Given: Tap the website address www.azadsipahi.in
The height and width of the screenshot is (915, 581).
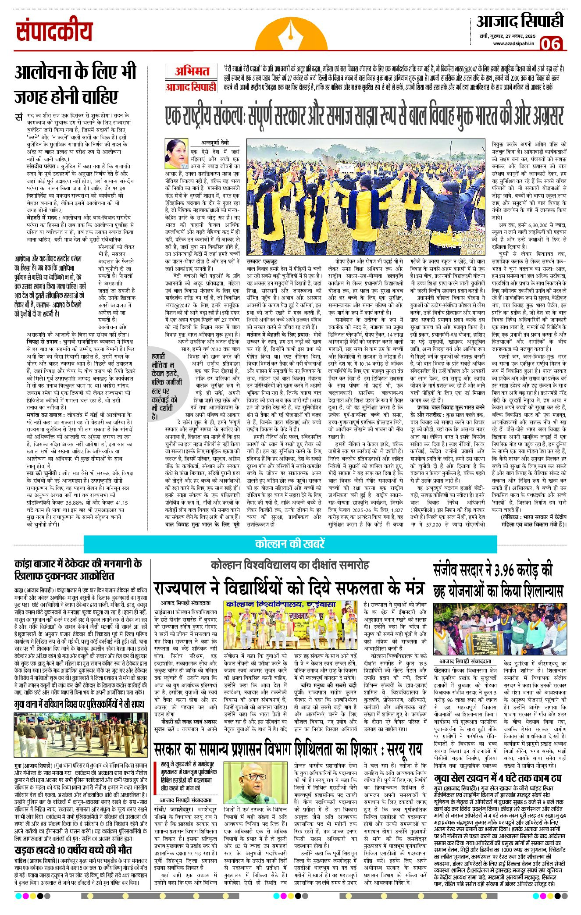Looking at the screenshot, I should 513,43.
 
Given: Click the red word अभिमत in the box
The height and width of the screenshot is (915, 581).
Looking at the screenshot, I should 192,71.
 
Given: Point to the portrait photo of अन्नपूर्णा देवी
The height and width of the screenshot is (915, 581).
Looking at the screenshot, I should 176,154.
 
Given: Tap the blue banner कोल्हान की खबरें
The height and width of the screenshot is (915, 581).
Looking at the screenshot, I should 290,544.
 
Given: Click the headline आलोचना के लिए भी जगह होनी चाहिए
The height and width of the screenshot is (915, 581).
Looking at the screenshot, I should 75,84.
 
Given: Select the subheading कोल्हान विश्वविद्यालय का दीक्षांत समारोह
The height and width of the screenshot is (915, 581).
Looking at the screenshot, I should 289,565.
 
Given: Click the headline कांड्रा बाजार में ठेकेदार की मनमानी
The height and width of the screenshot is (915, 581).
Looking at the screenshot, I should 78,569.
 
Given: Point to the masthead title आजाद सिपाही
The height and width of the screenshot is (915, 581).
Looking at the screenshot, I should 520,22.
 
